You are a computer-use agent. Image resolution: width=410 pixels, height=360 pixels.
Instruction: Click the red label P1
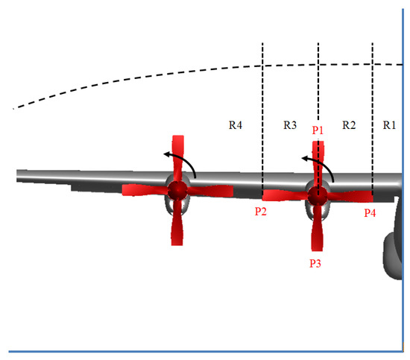(318, 129)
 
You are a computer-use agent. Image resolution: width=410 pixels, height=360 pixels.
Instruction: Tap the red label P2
(260, 212)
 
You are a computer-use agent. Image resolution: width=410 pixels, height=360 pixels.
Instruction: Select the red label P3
(315, 262)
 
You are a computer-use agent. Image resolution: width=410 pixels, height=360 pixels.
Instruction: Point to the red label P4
(370, 212)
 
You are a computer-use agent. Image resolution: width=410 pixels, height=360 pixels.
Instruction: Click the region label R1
(389, 124)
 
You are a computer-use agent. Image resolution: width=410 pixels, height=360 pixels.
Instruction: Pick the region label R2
(348, 124)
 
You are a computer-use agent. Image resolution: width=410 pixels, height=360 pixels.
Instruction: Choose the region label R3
(291, 124)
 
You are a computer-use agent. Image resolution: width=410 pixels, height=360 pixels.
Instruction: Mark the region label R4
(236, 124)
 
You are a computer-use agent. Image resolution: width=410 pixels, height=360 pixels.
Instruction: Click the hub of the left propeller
(177, 191)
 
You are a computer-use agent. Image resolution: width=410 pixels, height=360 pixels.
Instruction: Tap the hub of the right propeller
(318, 195)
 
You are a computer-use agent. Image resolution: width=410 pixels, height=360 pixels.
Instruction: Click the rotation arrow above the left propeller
(182, 161)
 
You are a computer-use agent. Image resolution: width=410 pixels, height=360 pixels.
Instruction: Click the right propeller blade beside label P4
(351, 196)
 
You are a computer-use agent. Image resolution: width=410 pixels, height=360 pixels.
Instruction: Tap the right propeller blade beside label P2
(284, 195)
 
